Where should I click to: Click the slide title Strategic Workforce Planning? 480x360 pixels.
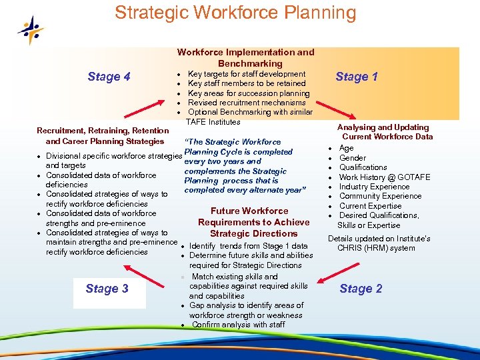point(235,13)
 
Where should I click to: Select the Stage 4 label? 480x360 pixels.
point(109,77)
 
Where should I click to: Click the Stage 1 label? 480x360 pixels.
point(357,77)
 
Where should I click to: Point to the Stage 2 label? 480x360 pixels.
point(361,289)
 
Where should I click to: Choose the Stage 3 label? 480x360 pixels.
point(107,289)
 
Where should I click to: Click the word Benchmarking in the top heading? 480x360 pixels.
point(250,63)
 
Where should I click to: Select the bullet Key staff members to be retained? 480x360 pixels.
point(247,83)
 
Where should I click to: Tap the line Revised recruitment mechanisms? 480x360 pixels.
point(247,103)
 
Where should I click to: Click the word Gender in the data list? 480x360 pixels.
point(353,158)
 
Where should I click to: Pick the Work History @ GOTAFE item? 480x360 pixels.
point(384,177)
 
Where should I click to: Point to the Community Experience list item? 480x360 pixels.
point(380,196)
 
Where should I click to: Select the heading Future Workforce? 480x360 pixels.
point(249,211)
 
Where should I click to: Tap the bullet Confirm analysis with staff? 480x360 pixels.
point(238,325)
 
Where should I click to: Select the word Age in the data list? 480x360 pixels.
point(347,148)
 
